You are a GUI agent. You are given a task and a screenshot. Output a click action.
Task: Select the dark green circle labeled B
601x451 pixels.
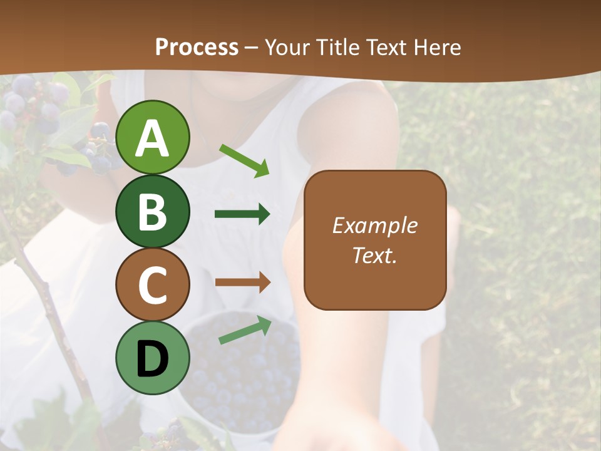(153, 211)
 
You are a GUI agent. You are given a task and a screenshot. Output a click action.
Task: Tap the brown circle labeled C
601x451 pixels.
(153, 285)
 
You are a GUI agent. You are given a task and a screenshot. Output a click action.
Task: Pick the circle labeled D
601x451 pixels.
(153, 358)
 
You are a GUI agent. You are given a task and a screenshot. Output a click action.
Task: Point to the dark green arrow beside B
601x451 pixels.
(242, 214)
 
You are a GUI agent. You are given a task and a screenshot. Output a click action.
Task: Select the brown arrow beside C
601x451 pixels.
(242, 282)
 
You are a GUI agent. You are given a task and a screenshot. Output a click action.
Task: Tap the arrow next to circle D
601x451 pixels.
(245, 330)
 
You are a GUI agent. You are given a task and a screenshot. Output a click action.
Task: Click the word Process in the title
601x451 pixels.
(197, 47)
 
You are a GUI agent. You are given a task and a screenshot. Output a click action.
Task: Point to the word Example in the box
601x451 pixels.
(374, 225)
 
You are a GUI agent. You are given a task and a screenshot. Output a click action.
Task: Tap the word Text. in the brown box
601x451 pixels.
(374, 255)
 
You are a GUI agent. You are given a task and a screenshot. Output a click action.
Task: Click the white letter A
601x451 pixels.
(153, 138)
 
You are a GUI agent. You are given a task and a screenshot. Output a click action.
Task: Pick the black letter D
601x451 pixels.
(153, 359)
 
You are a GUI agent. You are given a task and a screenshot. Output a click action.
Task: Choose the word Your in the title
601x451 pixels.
(285, 47)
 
